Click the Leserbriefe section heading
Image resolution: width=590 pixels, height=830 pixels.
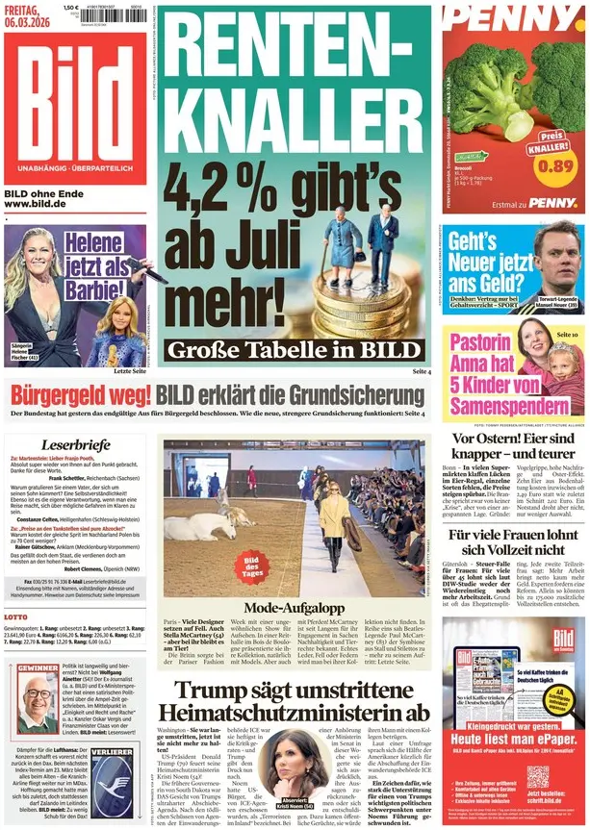[x=76, y=445]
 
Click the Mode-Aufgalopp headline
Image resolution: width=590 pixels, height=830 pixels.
[x=293, y=608]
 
